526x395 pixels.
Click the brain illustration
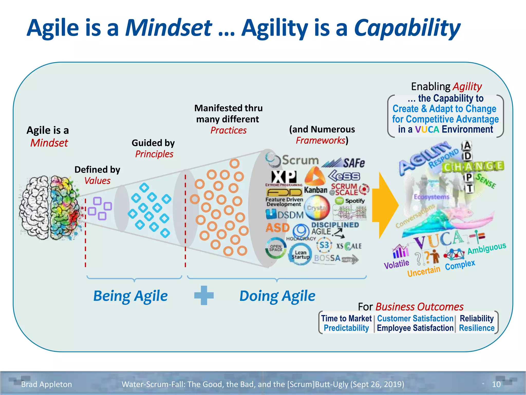pos(50,208)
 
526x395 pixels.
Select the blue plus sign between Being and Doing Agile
pos(204,295)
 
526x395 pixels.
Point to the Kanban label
pos(316,190)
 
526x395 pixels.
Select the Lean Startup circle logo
pos(300,254)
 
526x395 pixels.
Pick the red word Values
pos(97,181)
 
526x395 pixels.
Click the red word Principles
pos(154,154)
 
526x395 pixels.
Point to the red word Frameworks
pos(320,141)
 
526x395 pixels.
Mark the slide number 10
pos(496,384)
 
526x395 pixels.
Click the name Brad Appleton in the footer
pos(46,384)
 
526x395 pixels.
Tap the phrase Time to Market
pos(346,318)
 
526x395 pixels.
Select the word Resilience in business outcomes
pos(477,328)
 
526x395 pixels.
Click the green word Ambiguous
pos(486,248)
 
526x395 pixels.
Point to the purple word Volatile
pos(396,264)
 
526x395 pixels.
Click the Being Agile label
pos(130,296)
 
